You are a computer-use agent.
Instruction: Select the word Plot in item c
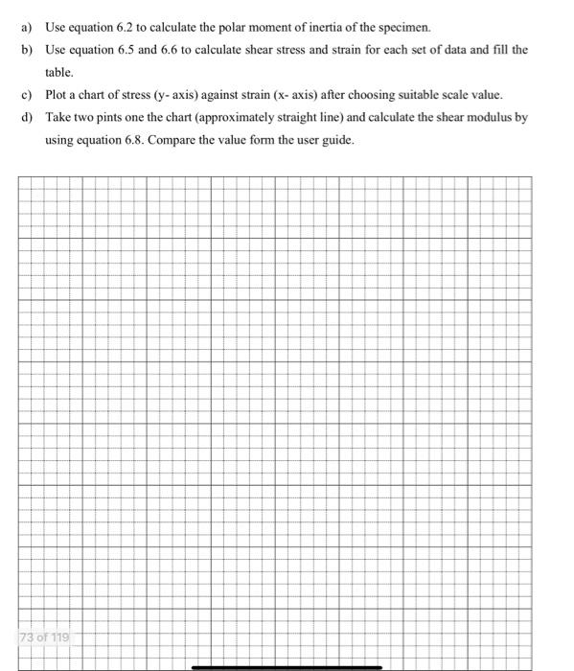click(x=57, y=95)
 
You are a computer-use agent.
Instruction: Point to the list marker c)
click(x=27, y=95)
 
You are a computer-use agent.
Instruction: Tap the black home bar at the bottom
click(x=287, y=666)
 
